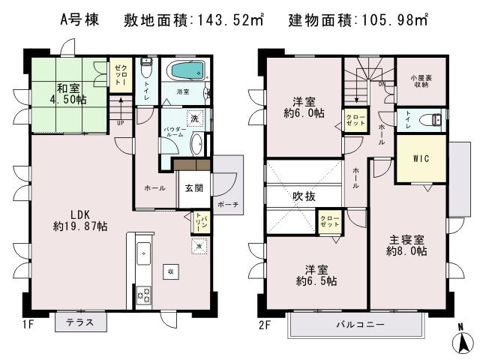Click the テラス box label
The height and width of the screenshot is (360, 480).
tap(80, 322)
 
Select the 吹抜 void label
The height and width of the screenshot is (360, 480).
tap(304, 196)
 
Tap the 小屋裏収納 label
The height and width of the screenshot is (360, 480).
tap(420, 79)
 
